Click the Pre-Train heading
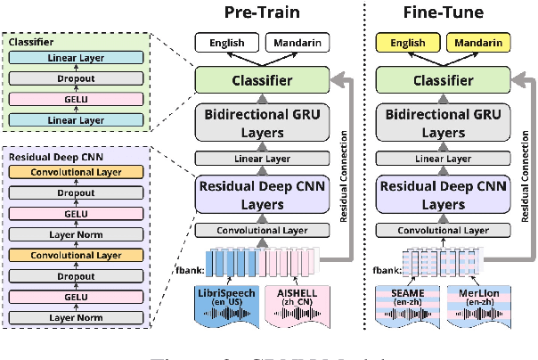[257, 14]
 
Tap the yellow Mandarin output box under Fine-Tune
[476, 42]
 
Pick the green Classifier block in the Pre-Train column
[257, 80]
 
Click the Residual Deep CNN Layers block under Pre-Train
[257, 193]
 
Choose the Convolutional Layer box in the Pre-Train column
[257, 229]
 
